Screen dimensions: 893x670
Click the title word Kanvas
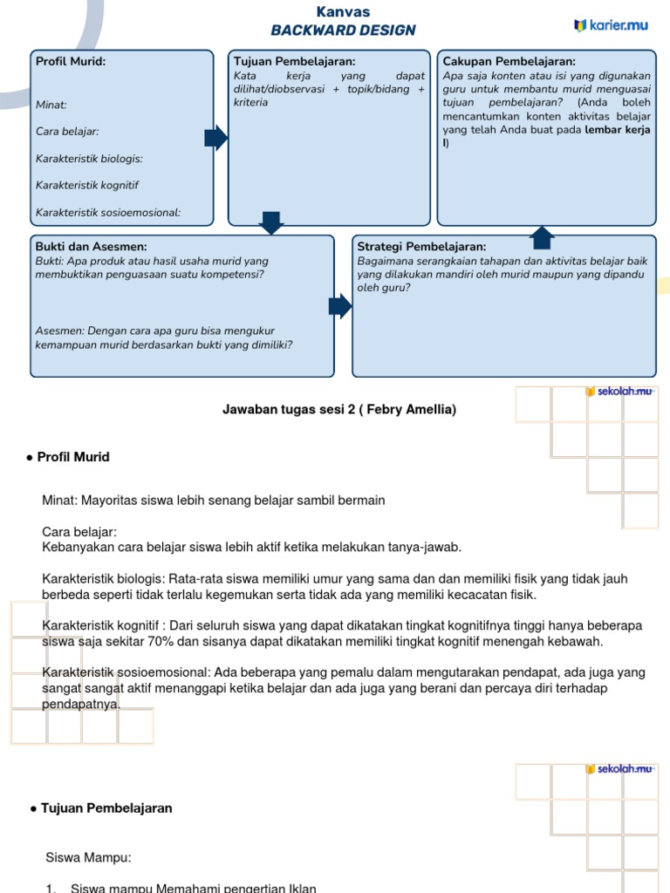(343, 11)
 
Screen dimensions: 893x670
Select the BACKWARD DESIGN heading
(343, 31)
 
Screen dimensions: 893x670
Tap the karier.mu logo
(611, 25)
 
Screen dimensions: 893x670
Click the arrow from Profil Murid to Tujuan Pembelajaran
(215, 138)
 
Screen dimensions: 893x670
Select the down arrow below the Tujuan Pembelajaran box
(271, 222)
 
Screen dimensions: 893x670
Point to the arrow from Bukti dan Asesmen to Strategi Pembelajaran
(340, 305)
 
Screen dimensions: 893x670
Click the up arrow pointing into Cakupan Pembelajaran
(542, 236)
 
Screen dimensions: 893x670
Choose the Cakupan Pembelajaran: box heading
(509, 61)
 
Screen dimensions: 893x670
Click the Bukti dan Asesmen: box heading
(91, 247)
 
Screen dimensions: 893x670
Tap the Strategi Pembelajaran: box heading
(421, 247)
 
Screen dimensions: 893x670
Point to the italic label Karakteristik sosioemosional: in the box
(108, 213)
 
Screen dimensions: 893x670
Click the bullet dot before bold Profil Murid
(31, 457)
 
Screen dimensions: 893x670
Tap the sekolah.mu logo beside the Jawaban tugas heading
(619, 392)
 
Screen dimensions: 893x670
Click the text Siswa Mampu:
(88, 857)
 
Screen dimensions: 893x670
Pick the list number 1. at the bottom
(51, 889)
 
